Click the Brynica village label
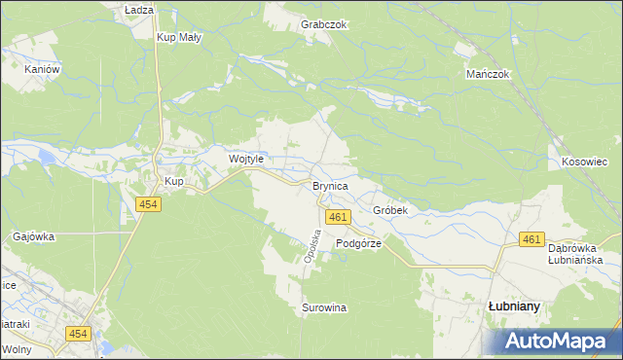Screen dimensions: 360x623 (330, 185)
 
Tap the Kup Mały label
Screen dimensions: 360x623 (179, 38)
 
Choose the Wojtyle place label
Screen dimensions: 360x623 (245, 159)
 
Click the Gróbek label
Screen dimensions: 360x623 (389, 210)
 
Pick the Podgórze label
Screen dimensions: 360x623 (358, 244)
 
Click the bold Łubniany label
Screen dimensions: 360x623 (514, 306)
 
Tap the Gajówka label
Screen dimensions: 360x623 (34, 236)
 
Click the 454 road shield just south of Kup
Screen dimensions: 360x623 (149, 204)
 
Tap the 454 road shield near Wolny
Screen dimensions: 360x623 (79, 334)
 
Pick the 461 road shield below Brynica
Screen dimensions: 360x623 (338, 217)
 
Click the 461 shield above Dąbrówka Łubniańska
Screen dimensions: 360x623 (531, 239)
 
